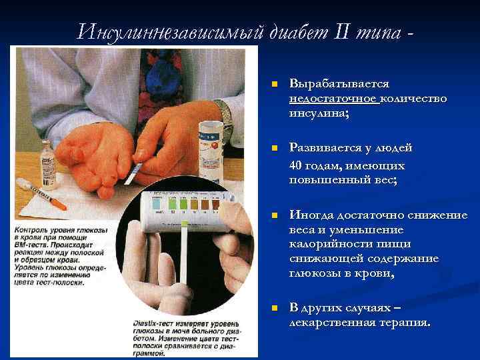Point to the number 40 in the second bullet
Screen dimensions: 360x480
click(x=298, y=165)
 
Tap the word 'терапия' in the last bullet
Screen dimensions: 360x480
click(x=407, y=323)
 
